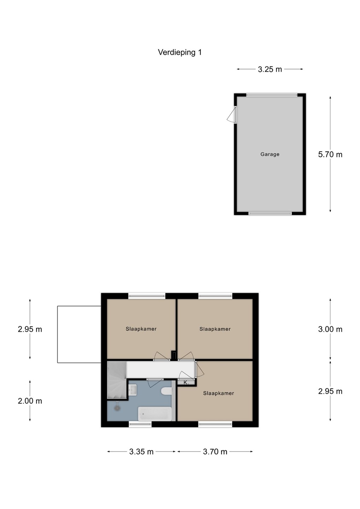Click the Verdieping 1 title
click(x=180, y=52)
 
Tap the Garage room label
click(x=270, y=154)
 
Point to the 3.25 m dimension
click(x=270, y=69)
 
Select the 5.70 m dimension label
click(x=330, y=154)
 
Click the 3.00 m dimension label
click(x=330, y=329)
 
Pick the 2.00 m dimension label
click(x=30, y=401)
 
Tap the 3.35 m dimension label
click(x=141, y=452)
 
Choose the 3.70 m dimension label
click(x=215, y=452)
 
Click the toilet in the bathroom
click(x=166, y=391)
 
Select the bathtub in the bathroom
click(x=155, y=414)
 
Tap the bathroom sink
click(x=132, y=390)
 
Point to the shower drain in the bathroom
click(x=117, y=408)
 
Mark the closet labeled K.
click(x=186, y=382)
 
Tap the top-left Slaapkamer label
click(x=141, y=329)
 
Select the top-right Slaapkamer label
click(x=215, y=329)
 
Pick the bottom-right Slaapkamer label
click(x=218, y=393)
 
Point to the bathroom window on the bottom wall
click(x=140, y=423)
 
